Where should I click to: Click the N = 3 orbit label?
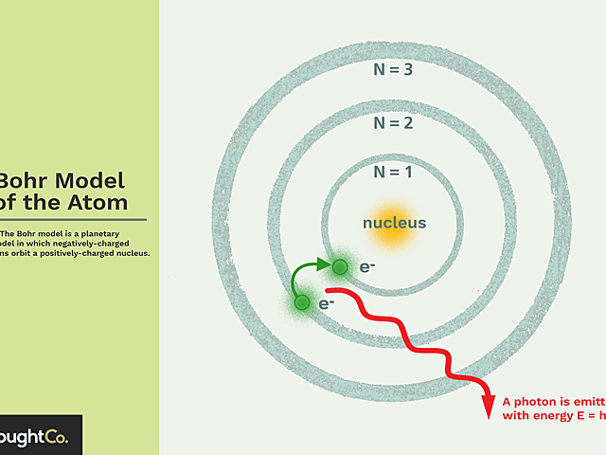click(393, 69)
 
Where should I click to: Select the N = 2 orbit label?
click(393, 122)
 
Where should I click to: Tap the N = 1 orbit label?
click(393, 172)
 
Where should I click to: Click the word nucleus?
click(395, 224)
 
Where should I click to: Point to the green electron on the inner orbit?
click(339, 265)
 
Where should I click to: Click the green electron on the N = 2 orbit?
click(302, 302)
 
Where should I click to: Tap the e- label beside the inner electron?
click(367, 267)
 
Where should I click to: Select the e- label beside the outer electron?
click(327, 304)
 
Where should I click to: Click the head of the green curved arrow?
click(324, 264)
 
